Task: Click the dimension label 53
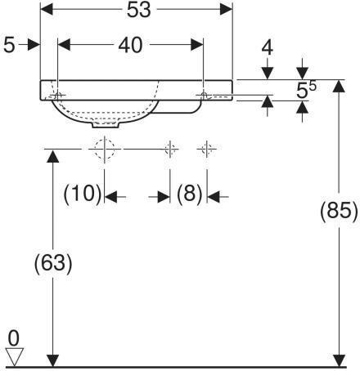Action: click(x=139, y=11)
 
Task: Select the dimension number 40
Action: click(x=130, y=45)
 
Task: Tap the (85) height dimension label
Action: click(x=339, y=211)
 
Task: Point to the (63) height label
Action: click(x=53, y=263)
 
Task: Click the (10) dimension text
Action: click(x=83, y=194)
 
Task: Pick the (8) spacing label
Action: click(x=190, y=194)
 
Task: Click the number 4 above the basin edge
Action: click(x=268, y=47)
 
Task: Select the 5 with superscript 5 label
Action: click(x=306, y=90)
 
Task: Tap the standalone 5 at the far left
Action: click(x=9, y=45)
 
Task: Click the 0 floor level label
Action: click(x=14, y=338)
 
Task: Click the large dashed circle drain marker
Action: click(x=105, y=150)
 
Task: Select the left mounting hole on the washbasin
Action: click(x=58, y=96)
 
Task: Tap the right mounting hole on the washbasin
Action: click(x=204, y=95)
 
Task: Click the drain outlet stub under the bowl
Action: click(x=106, y=125)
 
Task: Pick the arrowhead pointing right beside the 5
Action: click(x=34, y=45)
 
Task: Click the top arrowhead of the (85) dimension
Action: click(x=339, y=87)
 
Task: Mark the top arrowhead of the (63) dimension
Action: click(x=52, y=156)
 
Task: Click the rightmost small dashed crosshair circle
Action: click(x=207, y=149)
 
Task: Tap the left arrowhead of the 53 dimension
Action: click(x=47, y=10)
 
